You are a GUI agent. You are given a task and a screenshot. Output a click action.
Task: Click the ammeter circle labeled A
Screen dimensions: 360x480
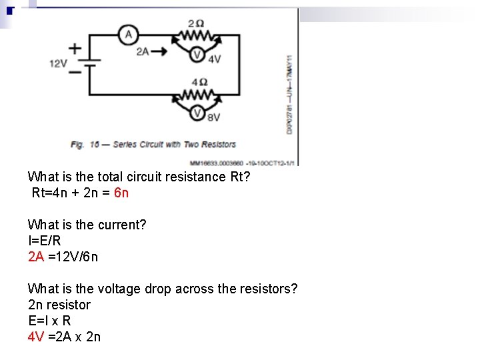129,34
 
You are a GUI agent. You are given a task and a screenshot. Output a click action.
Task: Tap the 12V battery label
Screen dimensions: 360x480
58,63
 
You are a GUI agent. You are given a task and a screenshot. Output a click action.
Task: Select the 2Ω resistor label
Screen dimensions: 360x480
196,23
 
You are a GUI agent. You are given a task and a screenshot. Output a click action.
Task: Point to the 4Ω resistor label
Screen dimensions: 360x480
199,82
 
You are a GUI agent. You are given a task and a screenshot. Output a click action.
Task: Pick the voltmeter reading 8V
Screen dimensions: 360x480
197,114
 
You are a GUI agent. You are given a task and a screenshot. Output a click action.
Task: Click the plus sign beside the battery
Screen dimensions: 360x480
75,48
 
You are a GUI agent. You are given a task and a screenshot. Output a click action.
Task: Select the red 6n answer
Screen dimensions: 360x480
121,193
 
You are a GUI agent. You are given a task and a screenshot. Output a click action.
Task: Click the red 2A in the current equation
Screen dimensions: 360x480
36,257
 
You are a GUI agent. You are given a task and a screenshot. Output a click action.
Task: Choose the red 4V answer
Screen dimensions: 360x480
36,337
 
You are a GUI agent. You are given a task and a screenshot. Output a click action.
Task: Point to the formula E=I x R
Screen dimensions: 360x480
49,321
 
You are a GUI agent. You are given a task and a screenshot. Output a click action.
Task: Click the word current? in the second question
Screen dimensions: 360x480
123,225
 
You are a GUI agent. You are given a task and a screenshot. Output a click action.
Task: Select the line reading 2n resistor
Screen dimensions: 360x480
59,305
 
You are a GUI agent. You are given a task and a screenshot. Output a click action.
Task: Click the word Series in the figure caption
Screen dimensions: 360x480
125,144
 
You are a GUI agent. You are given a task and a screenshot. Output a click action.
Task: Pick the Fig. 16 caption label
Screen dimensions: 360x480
85,144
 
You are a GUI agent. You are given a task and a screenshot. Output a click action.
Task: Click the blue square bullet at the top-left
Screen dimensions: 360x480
9,10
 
